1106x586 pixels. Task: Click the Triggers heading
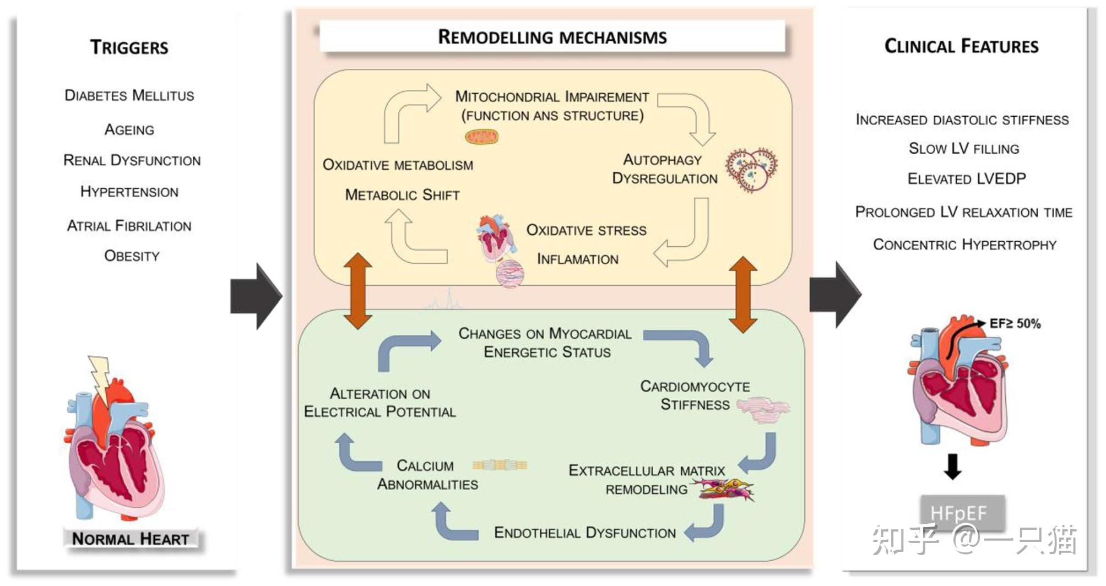129,47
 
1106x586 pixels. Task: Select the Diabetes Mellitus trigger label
129,95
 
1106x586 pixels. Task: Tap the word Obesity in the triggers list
132,256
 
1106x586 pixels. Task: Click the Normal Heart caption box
131,538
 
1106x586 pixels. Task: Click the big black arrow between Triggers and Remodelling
257,296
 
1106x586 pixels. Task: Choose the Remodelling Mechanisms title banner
552,37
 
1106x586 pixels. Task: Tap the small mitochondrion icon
481,136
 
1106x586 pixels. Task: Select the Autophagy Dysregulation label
665,169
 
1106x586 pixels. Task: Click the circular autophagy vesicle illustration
751,170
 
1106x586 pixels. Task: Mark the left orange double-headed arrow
358,291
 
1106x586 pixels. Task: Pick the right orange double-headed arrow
743,294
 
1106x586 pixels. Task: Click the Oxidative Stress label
587,230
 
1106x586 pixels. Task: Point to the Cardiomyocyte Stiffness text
695,395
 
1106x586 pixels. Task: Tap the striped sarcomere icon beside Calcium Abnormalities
500,465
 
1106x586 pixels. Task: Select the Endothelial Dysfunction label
585,533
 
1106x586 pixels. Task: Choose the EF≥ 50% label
1015,323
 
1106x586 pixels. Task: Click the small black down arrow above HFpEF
952,466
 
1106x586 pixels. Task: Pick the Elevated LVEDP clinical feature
967,178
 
